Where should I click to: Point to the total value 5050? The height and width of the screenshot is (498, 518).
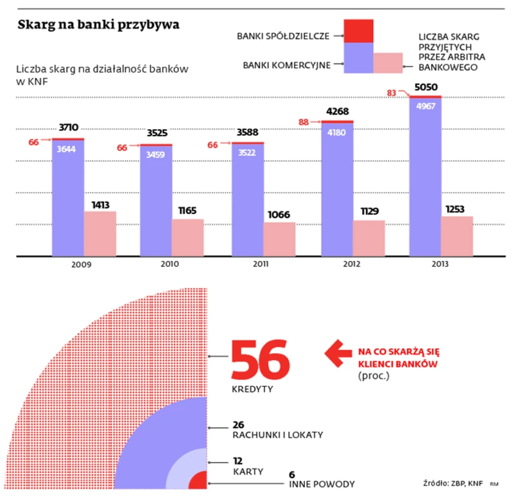coord(425,87)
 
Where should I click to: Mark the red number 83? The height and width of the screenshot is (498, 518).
coord(389,94)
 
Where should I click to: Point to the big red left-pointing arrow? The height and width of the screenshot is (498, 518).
coord(337,351)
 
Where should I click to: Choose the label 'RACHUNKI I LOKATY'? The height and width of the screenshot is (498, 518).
coord(277,434)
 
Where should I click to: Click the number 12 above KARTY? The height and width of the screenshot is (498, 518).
coord(238,461)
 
